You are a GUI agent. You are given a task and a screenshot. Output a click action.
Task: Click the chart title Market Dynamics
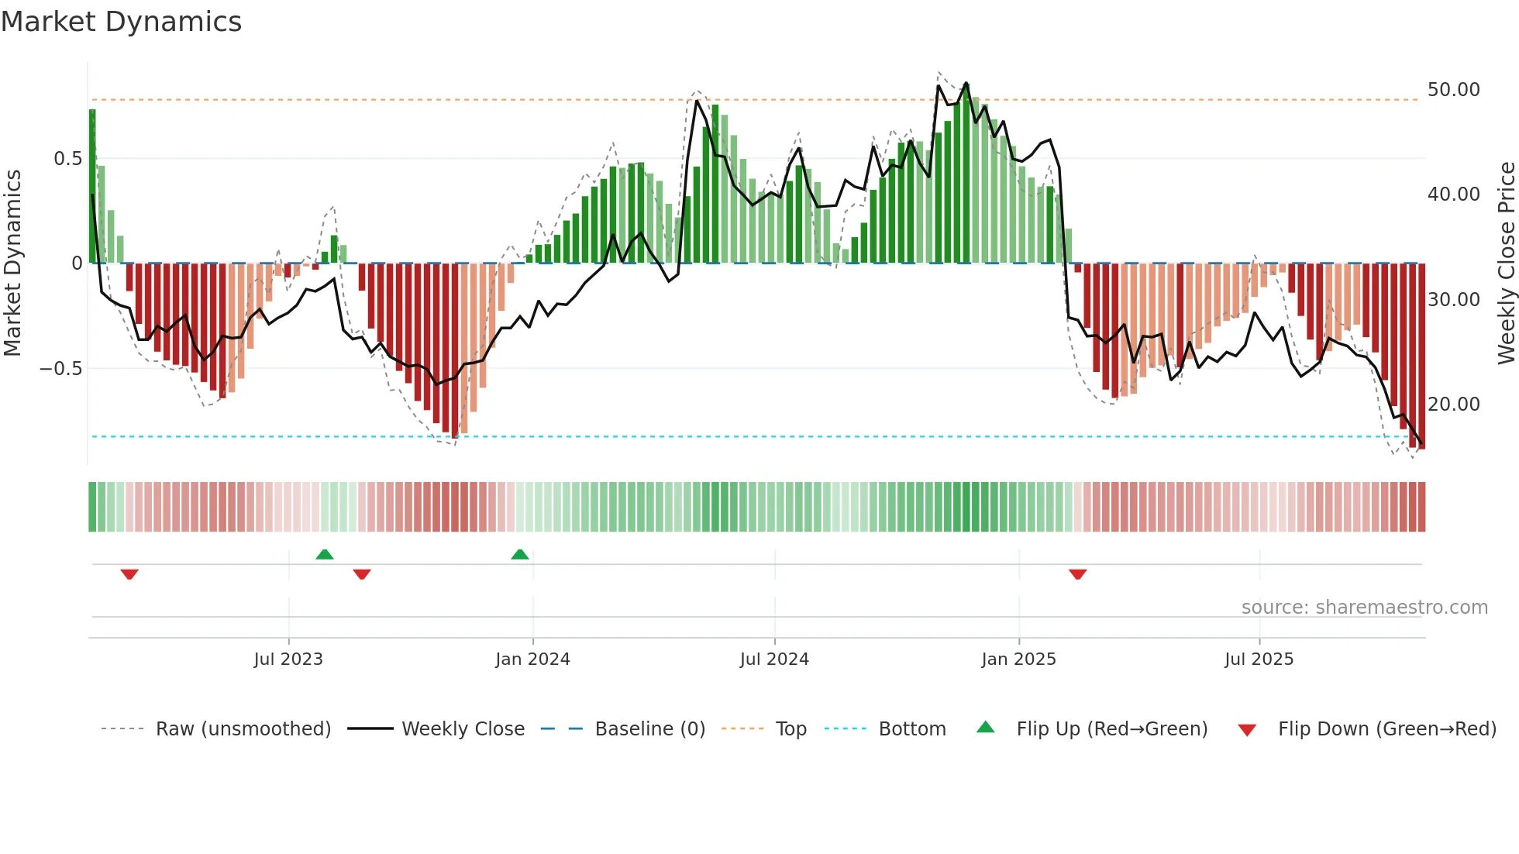tap(121, 22)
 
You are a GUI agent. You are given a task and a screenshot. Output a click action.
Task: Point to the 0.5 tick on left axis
tap(67, 159)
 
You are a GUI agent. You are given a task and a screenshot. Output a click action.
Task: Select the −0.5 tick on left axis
tap(61, 368)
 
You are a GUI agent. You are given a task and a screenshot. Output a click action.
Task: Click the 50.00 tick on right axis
tap(1453, 90)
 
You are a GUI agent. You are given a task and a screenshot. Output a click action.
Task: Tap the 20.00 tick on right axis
tap(1453, 405)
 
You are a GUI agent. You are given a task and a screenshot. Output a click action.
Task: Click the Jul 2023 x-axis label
tap(288, 659)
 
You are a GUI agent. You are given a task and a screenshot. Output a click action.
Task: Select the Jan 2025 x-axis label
tap(1018, 659)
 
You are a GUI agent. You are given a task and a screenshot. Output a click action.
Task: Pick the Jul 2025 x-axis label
tap(1259, 659)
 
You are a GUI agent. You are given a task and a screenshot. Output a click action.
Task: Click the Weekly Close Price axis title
tap(1506, 263)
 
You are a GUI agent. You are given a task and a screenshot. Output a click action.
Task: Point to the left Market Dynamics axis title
tap(12, 263)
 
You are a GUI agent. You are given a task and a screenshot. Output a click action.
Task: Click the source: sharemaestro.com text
tap(1364, 608)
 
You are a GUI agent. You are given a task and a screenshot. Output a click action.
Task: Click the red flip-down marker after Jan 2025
tap(1077, 574)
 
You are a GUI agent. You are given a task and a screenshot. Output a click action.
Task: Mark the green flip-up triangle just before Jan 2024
tap(520, 554)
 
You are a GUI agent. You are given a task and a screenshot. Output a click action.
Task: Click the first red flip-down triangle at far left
tap(129, 574)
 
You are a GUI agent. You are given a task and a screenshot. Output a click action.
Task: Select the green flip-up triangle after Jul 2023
tap(325, 554)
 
